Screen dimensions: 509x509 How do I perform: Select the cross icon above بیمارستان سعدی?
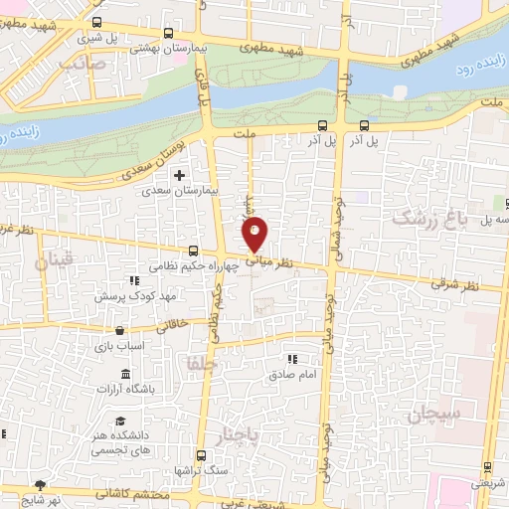click(x=179, y=175)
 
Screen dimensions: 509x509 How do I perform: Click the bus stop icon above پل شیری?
click(x=96, y=22)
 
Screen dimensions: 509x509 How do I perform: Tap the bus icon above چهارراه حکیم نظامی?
click(x=194, y=253)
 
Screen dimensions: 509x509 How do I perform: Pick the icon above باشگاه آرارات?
click(x=125, y=374)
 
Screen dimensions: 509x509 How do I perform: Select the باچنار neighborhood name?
click(x=237, y=438)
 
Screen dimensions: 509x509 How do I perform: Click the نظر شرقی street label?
click(x=454, y=285)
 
